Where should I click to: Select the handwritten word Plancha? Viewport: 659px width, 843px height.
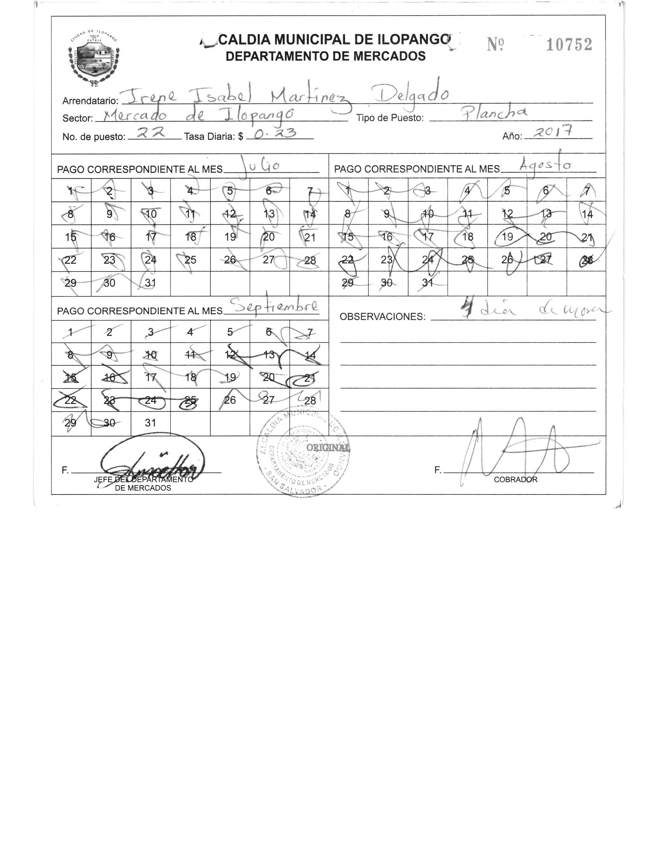click(x=494, y=113)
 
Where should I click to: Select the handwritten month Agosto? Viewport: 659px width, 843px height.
click(x=546, y=165)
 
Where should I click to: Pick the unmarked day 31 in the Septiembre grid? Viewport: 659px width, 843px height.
click(x=150, y=423)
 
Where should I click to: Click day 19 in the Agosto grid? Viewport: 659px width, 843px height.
click(x=507, y=237)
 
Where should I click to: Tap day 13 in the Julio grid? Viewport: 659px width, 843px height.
click(x=269, y=214)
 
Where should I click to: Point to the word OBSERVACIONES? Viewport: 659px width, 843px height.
click(x=383, y=317)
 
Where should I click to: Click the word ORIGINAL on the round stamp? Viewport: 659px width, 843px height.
click(x=328, y=448)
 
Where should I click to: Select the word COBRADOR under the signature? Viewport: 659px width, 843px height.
click(x=515, y=480)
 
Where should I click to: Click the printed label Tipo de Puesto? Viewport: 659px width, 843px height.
click(x=390, y=118)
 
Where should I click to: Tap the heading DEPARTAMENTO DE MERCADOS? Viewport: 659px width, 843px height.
click(x=325, y=56)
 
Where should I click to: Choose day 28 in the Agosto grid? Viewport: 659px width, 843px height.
click(x=587, y=260)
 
